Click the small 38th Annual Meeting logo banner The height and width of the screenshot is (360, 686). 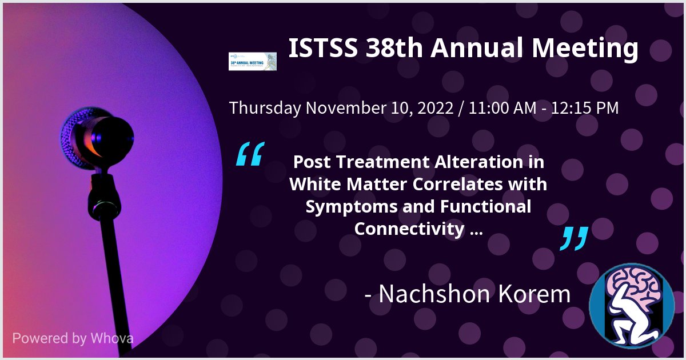[x=252, y=61]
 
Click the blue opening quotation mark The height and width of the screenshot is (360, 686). [x=250, y=155]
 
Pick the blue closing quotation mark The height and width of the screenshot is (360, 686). [x=573, y=238]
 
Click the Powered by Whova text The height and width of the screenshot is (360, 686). [x=73, y=338]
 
